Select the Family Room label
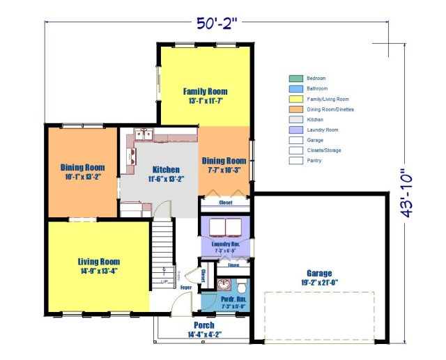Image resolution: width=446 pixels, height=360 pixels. coord(205,92)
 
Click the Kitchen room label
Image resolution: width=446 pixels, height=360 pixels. coord(164,170)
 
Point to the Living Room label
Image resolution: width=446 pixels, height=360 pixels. coord(98,262)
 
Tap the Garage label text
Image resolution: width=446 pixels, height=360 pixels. coord(319,273)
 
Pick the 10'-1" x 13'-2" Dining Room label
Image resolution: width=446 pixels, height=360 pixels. coord(82,167)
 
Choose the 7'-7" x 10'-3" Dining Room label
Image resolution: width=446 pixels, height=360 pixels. coord(224,161)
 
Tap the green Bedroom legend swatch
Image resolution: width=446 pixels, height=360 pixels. coord(295,79)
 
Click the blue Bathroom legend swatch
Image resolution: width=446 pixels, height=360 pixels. coord(295,88)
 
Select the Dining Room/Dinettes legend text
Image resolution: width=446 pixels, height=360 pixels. coord(328,109)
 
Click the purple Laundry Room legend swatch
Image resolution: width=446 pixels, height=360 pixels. coord(295,130)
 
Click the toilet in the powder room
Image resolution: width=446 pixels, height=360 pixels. coord(241,285)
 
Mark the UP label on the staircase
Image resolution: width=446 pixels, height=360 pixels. coord(164,282)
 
